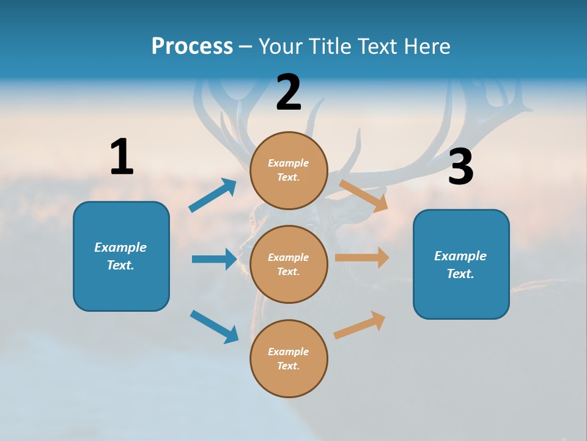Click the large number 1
click(x=122, y=157)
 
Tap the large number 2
click(x=289, y=92)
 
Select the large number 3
click(x=460, y=167)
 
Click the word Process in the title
click(x=192, y=46)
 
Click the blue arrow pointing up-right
click(x=213, y=195)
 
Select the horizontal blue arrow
click(x=214, y=259)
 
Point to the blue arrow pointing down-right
click(x=214, y=326)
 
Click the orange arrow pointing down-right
click(x=363, y=195)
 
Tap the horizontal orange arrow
click(x=362, y=258)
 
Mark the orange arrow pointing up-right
click(x=360, y=325)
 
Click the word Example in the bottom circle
click(x=289, y=352)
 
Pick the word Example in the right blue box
click(x=460, y=256)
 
